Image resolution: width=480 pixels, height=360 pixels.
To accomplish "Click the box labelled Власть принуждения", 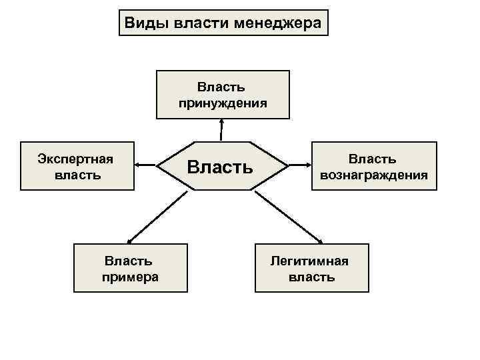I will pos(223,94).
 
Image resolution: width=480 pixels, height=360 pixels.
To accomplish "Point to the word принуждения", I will pos(223,103).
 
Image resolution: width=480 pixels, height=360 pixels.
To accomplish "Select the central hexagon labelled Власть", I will pos(221,166).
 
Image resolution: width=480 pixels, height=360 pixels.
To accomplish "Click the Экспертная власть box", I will pos(76,166).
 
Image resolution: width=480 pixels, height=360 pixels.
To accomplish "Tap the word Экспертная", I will pos(76,159).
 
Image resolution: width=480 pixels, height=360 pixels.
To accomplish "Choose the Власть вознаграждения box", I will pos(373,166).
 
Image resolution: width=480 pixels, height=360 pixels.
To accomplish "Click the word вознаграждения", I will pos(373,175).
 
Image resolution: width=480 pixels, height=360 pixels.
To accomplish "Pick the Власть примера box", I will pos(131,268).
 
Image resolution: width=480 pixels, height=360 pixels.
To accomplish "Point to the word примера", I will pos(131,276).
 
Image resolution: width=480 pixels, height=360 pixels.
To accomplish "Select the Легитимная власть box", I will pos(311,268).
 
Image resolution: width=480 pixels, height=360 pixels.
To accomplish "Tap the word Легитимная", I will pos(309,260).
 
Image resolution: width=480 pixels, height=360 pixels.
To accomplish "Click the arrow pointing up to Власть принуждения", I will pos(221,130).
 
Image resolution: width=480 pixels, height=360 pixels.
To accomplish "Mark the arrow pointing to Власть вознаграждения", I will pos(299,166).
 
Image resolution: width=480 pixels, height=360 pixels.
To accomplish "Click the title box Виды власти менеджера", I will pos(223,23).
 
